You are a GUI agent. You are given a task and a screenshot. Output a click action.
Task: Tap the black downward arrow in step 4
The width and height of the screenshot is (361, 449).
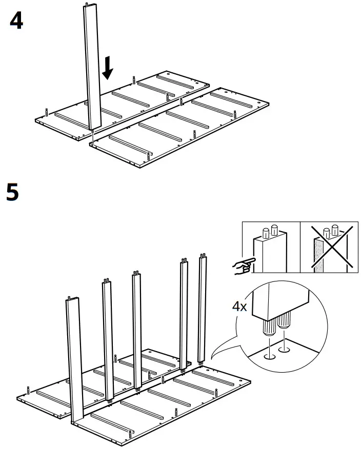click(107, 68)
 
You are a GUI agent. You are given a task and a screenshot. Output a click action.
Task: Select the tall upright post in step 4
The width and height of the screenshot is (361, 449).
click(92, 67)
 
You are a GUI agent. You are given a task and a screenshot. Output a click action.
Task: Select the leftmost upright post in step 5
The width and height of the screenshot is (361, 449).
click(75, 359)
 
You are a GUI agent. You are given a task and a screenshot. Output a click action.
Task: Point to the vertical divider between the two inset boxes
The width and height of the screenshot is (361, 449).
click(299, 248)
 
